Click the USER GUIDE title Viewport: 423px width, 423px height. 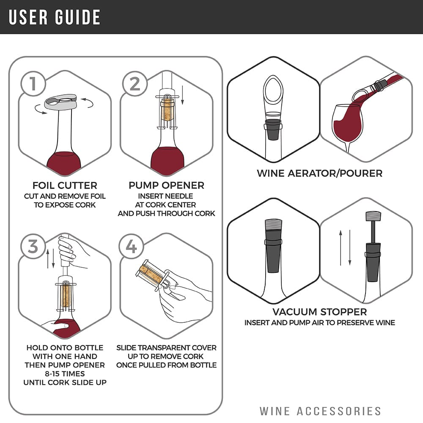coord(55,17)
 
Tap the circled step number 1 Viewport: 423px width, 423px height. coord(33,84)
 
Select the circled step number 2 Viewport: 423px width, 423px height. coord(135,84)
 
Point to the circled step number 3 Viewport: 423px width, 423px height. coord(33,246)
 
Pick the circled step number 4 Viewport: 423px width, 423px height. coord(132,246)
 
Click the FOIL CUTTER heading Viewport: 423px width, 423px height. coord(65,186)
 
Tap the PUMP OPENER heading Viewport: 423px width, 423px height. coord(166,185)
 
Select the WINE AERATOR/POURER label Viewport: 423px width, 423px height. coord(320,173)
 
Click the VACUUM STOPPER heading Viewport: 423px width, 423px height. coord(320,312)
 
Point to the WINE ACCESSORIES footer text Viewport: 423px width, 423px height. coord(320,411)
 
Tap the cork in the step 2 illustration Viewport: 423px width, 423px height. coord(167,110)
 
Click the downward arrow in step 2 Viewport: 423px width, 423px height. coord(183,95)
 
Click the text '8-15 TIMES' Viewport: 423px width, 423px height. coord(65,374)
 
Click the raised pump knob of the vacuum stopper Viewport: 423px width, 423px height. coord(373,216)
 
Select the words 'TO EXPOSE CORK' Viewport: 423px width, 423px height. coord(65,205)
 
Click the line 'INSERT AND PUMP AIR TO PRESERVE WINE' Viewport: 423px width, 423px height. coord(320,323)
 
